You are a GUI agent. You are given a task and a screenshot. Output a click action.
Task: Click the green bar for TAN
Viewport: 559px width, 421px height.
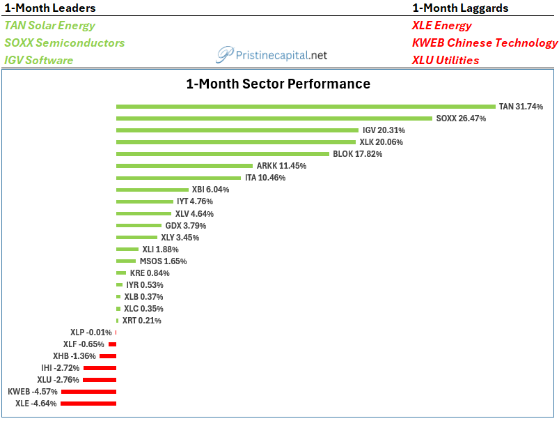(306, 107)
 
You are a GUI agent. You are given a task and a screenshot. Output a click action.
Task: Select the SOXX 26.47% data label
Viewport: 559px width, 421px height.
(461, 118)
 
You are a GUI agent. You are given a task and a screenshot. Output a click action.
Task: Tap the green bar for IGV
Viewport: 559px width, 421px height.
(237, 130)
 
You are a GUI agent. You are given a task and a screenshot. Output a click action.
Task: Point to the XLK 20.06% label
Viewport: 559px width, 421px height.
(381, 142)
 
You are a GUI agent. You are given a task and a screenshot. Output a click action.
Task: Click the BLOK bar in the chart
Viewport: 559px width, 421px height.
(223, 154)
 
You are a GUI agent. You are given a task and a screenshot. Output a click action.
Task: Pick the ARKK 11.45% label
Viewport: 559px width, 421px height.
(281, 166)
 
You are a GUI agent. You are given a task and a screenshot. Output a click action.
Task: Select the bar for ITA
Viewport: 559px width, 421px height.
(178, 178)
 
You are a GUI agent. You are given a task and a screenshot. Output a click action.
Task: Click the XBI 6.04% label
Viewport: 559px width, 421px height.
(210, 190)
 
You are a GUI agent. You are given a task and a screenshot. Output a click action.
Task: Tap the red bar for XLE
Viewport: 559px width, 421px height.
(88, 404)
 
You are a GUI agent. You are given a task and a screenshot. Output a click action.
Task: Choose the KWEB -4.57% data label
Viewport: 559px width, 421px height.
(33, 392)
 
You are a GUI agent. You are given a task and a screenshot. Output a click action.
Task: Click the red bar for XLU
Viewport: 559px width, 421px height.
(100, 380)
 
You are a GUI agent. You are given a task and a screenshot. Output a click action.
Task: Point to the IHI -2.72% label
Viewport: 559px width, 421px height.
(61, 368)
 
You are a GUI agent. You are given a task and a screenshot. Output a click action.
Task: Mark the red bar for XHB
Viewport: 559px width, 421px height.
(108, 356)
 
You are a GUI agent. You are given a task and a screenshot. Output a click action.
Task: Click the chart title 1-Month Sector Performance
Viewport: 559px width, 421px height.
(278, 84)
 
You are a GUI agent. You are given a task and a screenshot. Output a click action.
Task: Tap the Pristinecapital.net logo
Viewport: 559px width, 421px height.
(271, 54)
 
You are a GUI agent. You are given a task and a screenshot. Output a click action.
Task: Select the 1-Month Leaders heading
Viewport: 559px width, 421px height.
(50, 8)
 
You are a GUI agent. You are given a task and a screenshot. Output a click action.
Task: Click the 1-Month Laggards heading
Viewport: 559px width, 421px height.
(460, 8)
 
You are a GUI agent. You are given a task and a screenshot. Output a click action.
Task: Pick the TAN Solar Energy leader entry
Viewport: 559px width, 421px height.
(49, 25)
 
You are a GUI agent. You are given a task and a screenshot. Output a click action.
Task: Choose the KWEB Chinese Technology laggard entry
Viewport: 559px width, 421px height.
(485, 43)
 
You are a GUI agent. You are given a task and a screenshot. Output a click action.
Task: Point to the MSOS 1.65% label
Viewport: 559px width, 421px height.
(163, 261)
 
